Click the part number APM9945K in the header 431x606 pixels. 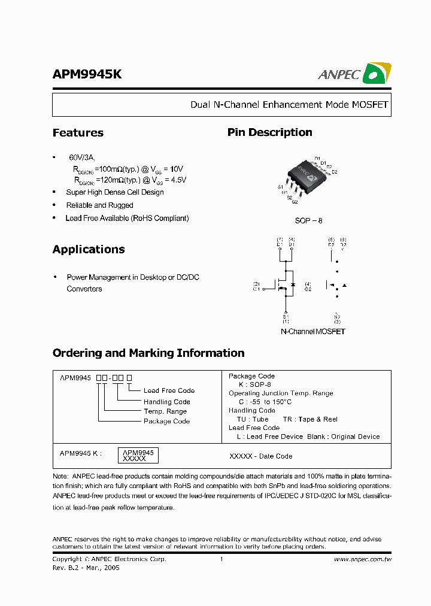[x=87, y=74]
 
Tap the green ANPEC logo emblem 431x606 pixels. [x=377, y=73]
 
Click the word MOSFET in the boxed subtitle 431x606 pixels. [x=370, y=105]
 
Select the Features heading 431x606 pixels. [x=78, y=133]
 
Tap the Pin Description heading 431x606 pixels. [x=269, y=132]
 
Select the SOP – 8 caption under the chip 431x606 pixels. [x=309, y=220]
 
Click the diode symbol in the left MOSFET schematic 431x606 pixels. [x=292, y=283]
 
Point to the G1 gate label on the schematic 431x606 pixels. [x=256, y=289]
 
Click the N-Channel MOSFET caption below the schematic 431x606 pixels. [x=313, y=331]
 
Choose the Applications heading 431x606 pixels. [x=89, y=250]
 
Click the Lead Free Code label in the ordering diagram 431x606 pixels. [x=169, y=390]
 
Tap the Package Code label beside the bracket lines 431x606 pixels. [x=166, y=422]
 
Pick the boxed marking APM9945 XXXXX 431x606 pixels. [x=138, y=456]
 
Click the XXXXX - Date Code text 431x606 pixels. [x=261, y=456]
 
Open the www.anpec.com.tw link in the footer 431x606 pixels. [x=363, y=559]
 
